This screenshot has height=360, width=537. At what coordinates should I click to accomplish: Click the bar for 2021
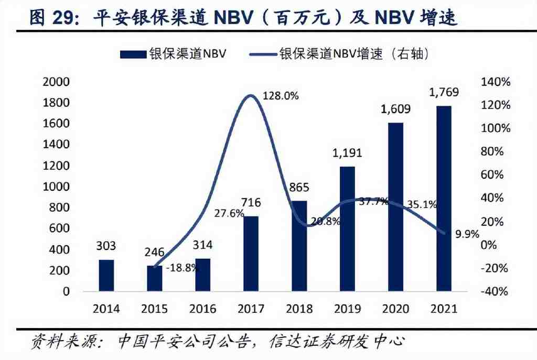pos(444,198)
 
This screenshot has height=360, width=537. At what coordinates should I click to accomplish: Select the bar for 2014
pos(106,275)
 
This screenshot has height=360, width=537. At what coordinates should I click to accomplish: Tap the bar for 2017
pos(251,254)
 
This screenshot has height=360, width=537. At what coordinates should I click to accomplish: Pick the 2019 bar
pos(347,228)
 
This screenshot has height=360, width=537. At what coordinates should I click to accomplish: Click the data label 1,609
pos(396,110)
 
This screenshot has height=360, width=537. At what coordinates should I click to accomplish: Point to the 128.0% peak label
pos(282,95)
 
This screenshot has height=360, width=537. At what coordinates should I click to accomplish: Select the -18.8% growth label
pos(183,268)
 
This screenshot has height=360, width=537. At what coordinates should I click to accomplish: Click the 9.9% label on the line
pos(467,234)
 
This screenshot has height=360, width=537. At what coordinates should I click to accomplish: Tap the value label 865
pos(299,187)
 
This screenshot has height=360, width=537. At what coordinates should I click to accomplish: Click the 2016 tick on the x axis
pos(203,309)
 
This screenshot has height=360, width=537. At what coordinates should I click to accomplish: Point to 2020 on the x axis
pos(396,309)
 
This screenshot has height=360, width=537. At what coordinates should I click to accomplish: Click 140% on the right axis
pos(495,82)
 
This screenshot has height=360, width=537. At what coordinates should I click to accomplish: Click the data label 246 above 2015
pos(154,252)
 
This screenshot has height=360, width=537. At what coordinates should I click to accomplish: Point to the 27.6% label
pos(229,213)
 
